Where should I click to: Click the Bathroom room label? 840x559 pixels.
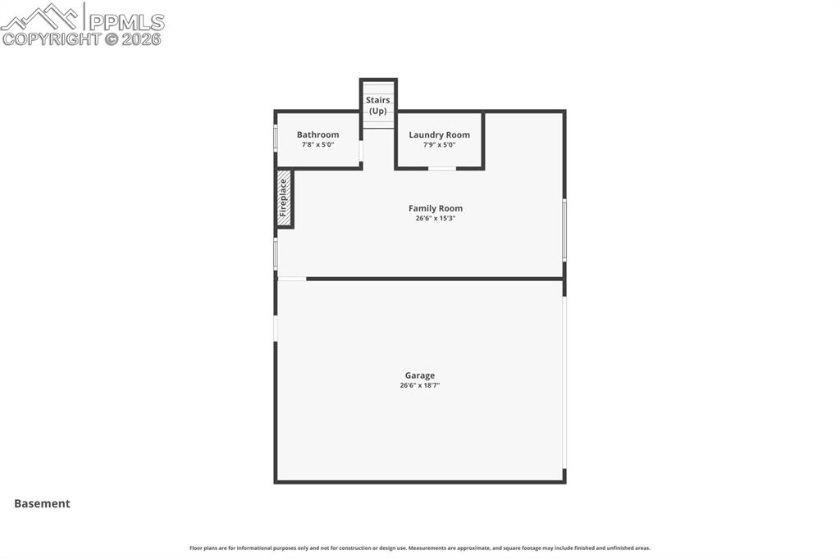[317, 134]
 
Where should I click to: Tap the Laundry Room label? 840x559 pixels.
[439, 134]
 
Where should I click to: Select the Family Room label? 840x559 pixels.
[436, 208]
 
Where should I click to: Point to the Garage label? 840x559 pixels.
[419, 375]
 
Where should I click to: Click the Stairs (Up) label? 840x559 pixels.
[378, 105]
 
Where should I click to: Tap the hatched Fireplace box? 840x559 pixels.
[284, 198]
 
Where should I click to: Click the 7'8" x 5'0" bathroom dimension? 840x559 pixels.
[317, 145]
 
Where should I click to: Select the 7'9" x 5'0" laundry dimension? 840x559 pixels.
[439, 145]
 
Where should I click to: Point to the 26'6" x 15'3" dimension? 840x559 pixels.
[436, 219]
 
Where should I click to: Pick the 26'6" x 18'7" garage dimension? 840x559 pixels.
[419, 385]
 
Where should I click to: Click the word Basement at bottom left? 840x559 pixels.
[42, 504]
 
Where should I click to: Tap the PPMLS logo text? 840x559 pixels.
[125, 21]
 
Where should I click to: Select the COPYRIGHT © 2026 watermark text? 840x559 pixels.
[82, 39]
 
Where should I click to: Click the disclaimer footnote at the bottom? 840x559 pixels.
[419, 548]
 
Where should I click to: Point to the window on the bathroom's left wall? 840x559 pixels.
[276, 138]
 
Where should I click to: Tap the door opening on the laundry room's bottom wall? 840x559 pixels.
[442, 169]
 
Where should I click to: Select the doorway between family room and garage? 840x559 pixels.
[292, 279]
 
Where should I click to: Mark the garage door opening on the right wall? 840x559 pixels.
[564, 381]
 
